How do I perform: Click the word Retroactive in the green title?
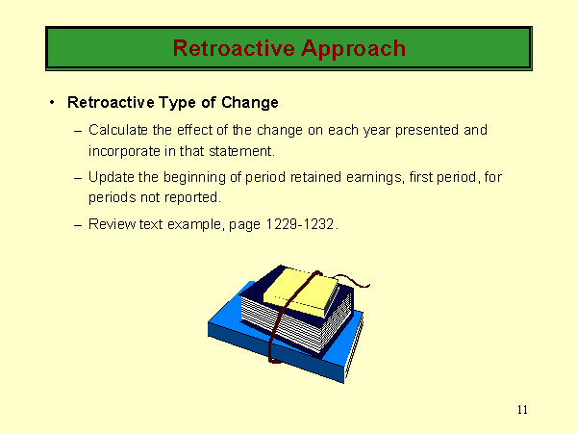pyautogui.click(x=234, y=48)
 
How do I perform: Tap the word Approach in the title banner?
pyautogui.click(x=353, y=49)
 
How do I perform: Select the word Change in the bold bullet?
pyautogui.click(x=250, y=103)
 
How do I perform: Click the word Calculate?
pyautogui.click(x=118, y=130)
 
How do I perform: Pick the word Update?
pyautogui.click(x=112, y=177)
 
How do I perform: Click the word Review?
pyautogui.click(x=113, y=224)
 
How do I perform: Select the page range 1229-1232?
pyautogui.click(x=300, y=224)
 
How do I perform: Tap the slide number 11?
pyautogui.click(x=522, y=410)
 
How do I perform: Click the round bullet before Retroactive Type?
pyautogui.click(x=52, y=102)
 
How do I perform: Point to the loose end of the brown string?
pyautogui.click(x=368, y=285)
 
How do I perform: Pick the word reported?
pyautogui.click(x=192, y=198)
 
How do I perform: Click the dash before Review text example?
pyautogui.click(x=78, y=225)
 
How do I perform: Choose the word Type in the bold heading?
pyautogui.click(x=177, y=103)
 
